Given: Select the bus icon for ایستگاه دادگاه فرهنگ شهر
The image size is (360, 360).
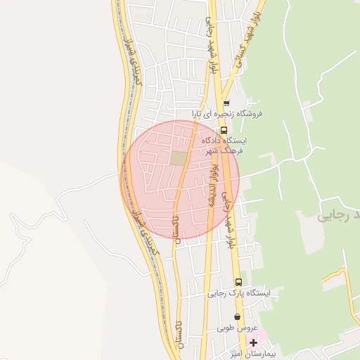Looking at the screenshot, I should (x=224, y=130).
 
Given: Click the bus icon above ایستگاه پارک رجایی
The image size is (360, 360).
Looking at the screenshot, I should (x=238, y=282).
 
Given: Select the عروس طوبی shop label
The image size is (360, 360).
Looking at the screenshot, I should (x=235, y=328).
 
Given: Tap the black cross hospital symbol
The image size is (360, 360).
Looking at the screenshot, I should (x=253, y=342).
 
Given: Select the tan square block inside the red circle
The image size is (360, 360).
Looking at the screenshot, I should (x=179, y=159).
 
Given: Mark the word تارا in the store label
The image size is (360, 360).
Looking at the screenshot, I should (x=200, y=113).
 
